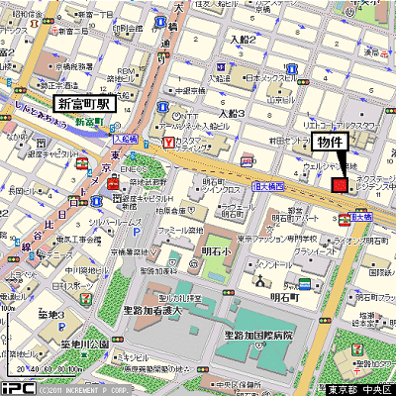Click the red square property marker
[341, 184]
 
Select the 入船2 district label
[243, 40]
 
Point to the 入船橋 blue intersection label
[124, 141]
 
